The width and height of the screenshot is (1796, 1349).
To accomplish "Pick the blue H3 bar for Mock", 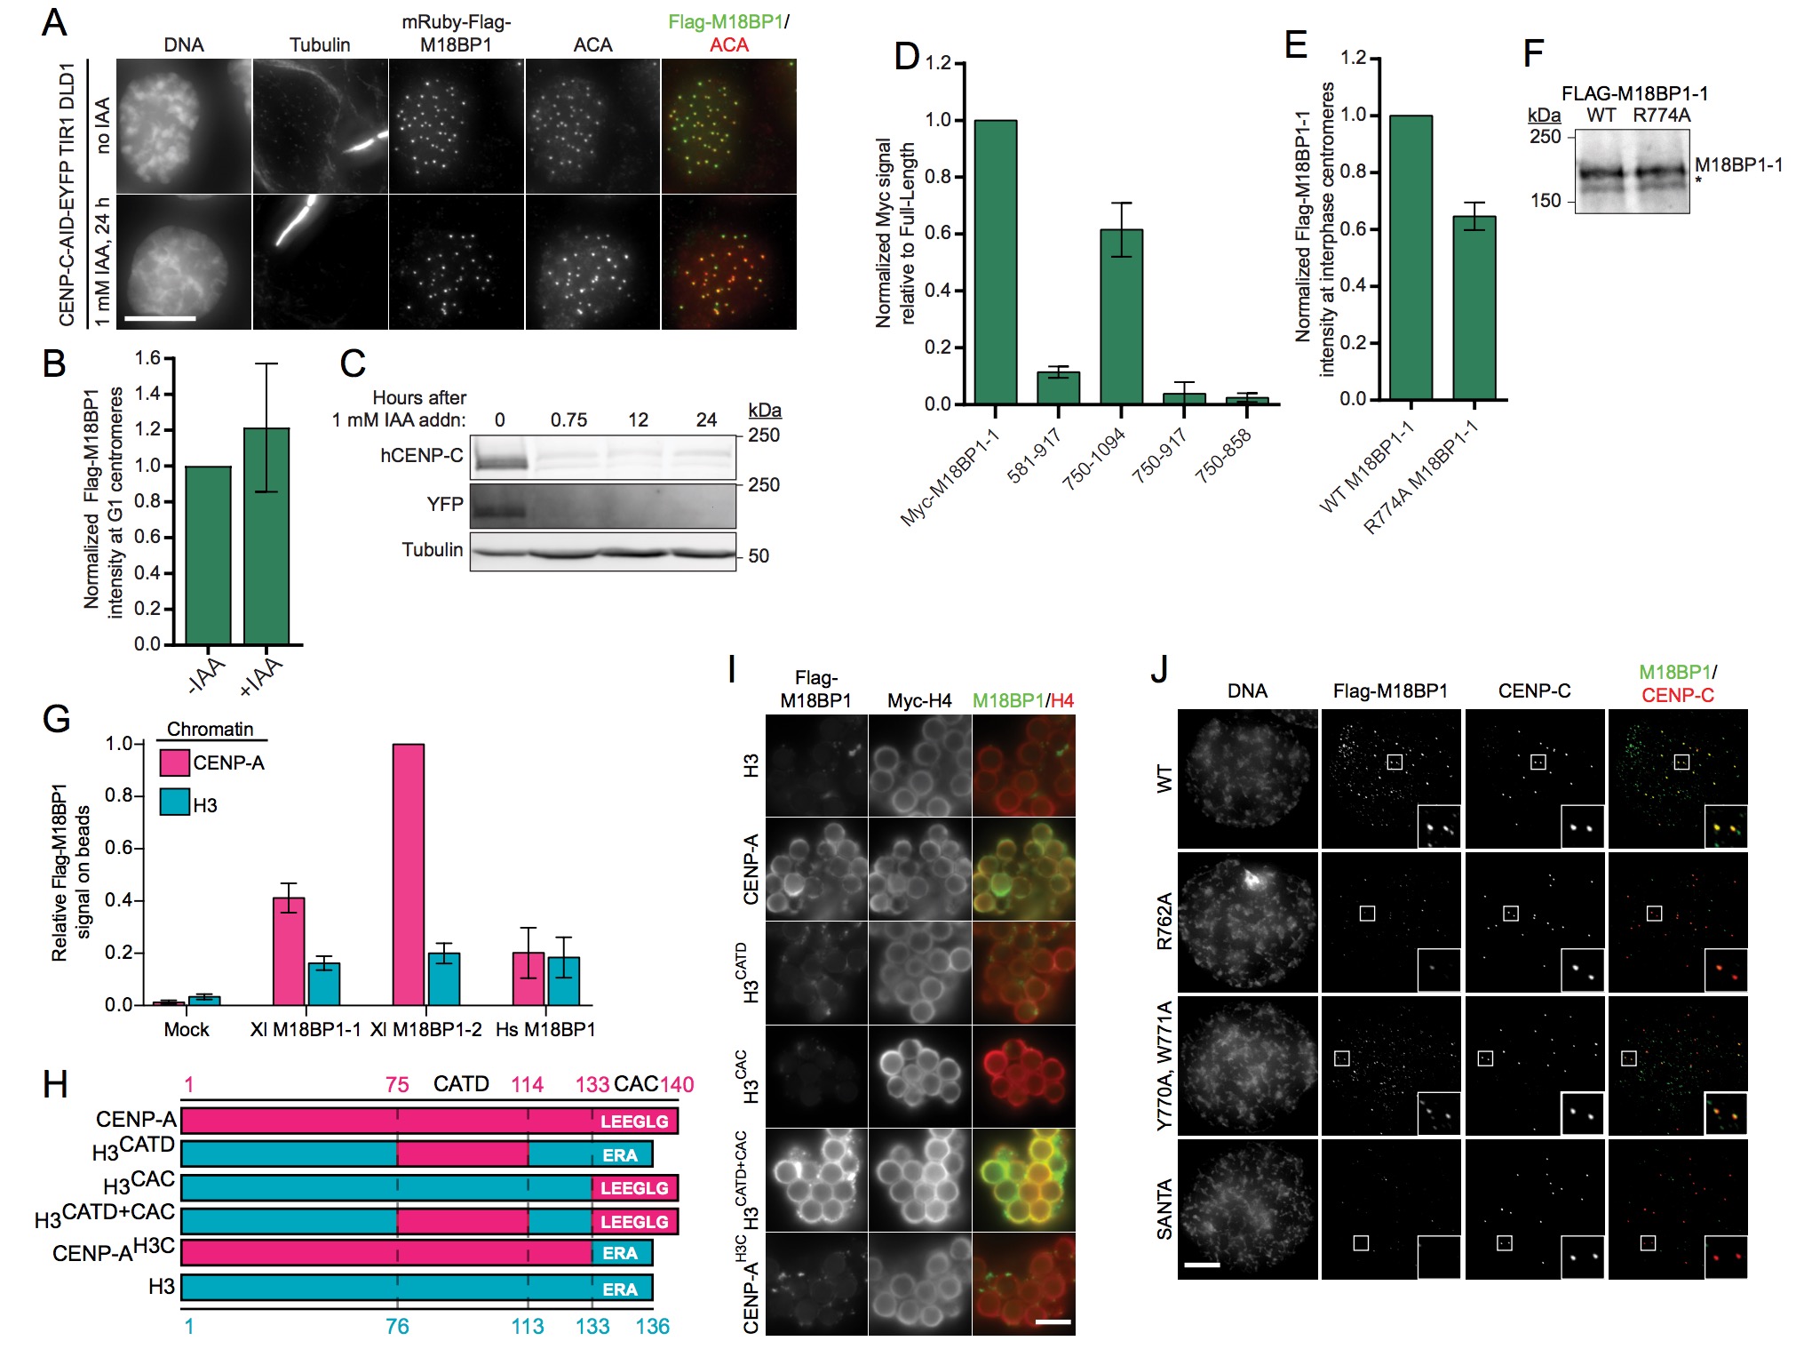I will pyautogui.click(x=204, y=1000).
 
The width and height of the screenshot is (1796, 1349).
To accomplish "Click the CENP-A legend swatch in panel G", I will pyautogui.click(x=174, y=762).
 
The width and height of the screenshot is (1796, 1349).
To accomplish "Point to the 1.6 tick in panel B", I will pyautogui.click(x=147, y=358).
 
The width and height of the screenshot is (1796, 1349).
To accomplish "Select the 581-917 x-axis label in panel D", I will pyautogui.click(x=1034, y=455).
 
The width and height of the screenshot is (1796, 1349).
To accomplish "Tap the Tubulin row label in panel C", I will pyautogui.click(x=433, y=550).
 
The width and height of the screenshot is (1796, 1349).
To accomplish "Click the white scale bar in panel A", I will pyautogui.click(x=160, y=317).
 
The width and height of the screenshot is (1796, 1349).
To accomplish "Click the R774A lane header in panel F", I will pyautogui.click(x=1661, y=116).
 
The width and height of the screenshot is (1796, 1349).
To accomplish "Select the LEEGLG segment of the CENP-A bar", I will pyautogui.click(x=634, y=1122).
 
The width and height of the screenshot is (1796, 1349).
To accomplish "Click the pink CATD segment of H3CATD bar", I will pyautogui.click(x=462, y=1154).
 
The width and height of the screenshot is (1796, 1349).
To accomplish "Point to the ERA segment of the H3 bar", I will pyautogui.click(x=620, y=1289).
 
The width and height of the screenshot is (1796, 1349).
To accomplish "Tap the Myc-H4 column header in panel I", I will pyautogui.click(x=919, y=701).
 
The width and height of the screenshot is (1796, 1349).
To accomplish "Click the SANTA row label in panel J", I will pyautogui.click(x=1164, y=1209).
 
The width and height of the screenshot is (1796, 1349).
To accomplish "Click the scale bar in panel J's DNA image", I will pyautogui.click(x=1202, y=1264).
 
